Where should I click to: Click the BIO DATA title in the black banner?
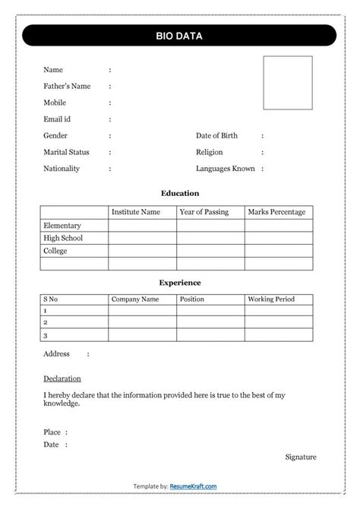tap(179, 36)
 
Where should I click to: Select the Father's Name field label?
tap(67, 87)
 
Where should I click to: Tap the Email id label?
tap(57, 119)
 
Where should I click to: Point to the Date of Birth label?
tap(216, 136)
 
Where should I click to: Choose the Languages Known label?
tap(225, 169)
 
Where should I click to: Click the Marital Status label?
tap(66, 153)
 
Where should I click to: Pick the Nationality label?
tap(62, 169)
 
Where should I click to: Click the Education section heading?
tap(180, 194)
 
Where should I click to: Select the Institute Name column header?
tap(136, 212)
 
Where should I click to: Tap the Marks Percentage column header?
tap(276, 212)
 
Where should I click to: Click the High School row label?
tap(63, 238)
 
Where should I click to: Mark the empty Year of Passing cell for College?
tap(210, 251)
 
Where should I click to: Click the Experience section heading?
tap(180, 283)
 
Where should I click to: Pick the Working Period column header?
tap(270, 299)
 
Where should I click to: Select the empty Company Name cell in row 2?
tap(142, 323)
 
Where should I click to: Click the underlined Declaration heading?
tap(62, 378)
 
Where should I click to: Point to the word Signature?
tap(301, 457)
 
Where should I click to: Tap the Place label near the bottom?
tap(52, 432)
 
